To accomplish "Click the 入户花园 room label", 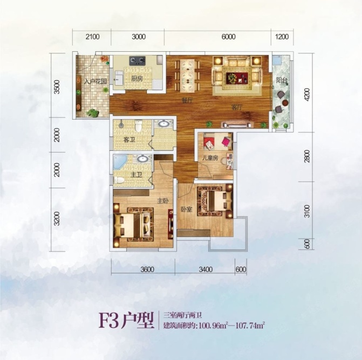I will tap(95, 81).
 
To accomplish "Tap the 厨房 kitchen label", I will tap(136, 78).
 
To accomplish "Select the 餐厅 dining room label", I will tap(187, 100).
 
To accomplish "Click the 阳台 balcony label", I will tap(281, 81).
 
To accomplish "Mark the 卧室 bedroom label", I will tap(186, 209).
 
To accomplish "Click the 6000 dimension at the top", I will tap(228, 37).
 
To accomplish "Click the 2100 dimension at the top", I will tap(92, 37).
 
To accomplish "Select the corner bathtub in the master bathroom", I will tap(120, 162).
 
